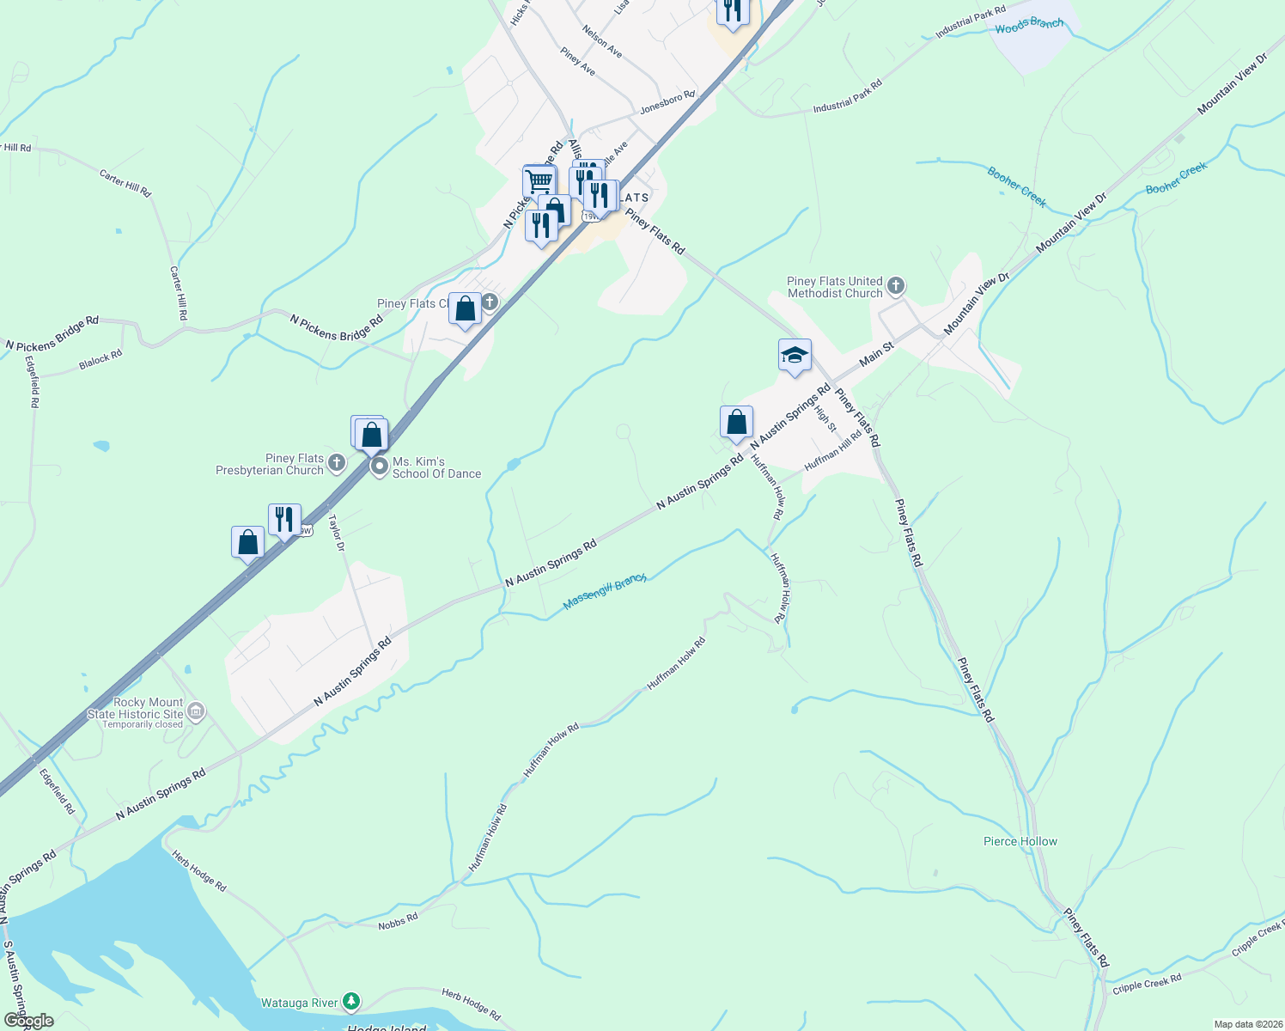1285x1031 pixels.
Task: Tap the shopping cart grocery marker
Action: pyautogui.click(x=539, y=182)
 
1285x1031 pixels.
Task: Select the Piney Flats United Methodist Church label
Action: pyautogui.click(x=835, y=287)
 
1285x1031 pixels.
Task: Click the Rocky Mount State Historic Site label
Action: pyautogui.click(x=136, y=709)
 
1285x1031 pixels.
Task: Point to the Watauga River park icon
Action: pyautogui.click(x=350, y=1001)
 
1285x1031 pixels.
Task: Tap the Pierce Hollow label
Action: pyautogui.click(x=1020, y=841)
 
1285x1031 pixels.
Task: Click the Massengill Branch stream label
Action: pyautogui.click(x=605, y=593)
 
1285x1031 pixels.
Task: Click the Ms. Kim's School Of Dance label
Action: pyautogui.click(x=436, y=467)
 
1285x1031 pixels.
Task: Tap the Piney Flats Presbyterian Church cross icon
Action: pyautogui.click(x=337, y=464)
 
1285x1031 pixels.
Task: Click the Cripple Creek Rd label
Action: pyautogui.click(x=1147, y=983)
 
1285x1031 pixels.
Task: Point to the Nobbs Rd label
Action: pyautogui.click(x=398, y=922)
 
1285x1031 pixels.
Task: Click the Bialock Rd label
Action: pyautogui.click(x=100, y=360)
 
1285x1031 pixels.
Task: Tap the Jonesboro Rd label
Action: pyautogui.click(x=667, y=103)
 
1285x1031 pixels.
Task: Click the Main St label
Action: pyautogui.click(x=877, y=353)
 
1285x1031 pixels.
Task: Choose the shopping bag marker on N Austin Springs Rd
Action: pyautogui.click(x=736, y=423)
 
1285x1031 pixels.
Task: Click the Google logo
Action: pyautogui.click(x=28, y=1021)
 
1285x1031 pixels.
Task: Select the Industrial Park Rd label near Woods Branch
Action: pyautogui.click(x=970, y=21)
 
